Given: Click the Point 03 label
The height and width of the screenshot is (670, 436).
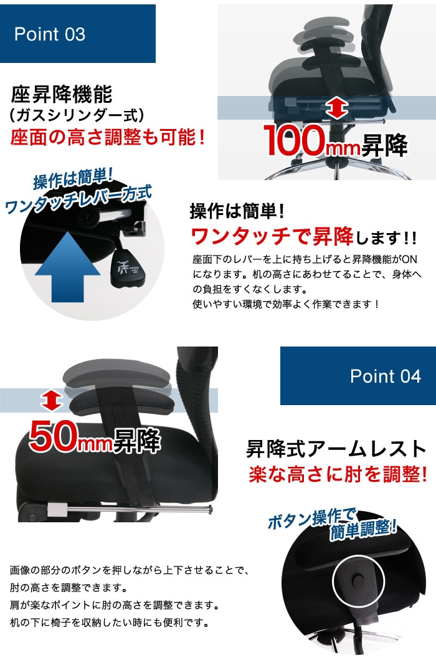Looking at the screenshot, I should pos(50,34).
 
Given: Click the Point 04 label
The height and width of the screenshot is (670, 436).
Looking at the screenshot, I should pos(385,376).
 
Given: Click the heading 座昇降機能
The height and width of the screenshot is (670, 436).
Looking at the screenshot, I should pos(62,95).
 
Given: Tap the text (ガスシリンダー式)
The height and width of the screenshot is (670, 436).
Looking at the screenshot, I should pos(77,115).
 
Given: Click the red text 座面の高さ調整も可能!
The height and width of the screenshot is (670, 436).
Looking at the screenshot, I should pos(108,137).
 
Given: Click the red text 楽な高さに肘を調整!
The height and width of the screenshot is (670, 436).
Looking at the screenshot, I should pos(338,475).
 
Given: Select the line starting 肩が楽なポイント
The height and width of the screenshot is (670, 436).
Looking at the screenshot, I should pos(115,605).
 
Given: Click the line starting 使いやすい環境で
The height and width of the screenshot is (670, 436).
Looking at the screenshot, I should pos(286,304).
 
